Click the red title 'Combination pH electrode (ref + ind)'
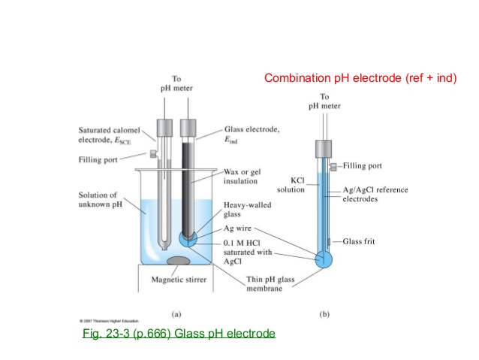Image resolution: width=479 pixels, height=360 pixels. [360, 78]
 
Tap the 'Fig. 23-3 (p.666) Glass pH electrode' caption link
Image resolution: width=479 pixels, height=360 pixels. [179, 333]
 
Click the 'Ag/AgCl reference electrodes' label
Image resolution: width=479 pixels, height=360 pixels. [375, 195]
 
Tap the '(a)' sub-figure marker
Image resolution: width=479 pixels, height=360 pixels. [176, 307]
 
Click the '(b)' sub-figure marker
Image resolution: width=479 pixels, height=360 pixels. [324, 307]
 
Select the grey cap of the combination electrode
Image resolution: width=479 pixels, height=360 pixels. [324, 148]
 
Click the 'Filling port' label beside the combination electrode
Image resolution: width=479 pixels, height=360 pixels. [364, 165]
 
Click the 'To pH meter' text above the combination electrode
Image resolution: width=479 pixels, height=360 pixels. [324, 101]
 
